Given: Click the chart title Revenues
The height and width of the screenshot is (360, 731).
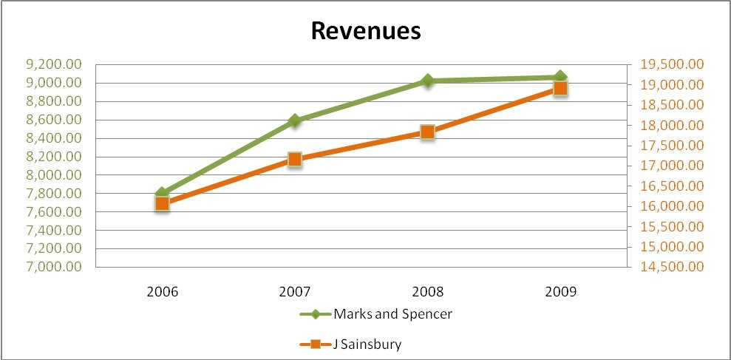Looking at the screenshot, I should pos(365,31).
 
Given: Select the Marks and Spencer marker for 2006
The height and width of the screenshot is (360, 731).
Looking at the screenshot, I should pos(163,193).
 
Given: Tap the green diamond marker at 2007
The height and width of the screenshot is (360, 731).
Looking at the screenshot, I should pos(295,120).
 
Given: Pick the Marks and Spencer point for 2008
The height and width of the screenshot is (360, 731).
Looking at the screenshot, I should pos(427,81).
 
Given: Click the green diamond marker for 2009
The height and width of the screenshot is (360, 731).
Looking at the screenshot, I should pos(560,77).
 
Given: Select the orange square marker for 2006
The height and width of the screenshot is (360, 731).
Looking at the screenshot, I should pos(163,204).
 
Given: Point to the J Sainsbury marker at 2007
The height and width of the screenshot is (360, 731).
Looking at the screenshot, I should pos(295,159).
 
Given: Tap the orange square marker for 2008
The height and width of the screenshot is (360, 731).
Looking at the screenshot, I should pos(427,132).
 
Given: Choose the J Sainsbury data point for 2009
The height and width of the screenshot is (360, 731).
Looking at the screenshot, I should pos(560,89).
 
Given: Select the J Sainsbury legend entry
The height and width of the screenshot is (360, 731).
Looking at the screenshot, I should pos(352,344).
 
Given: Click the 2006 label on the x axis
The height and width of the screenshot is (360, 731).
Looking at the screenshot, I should pos(163,291).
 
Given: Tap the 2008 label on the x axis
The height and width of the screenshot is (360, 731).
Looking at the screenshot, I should pos(427,291).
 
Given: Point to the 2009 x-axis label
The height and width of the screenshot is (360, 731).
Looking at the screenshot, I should pos(560,291).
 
